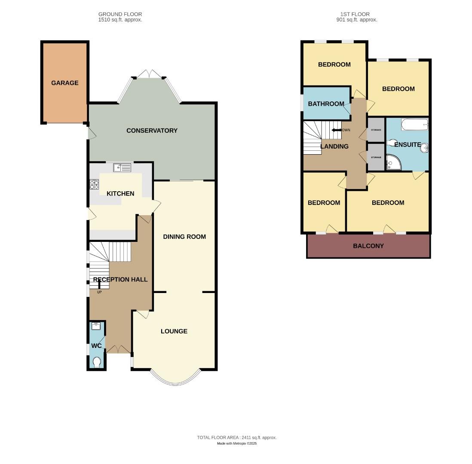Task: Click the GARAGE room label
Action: click(65, 83)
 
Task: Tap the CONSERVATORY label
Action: click(152, 131)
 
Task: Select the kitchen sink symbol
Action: click(123, 167)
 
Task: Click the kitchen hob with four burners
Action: click(94, 185)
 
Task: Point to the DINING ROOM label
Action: click(184, 237)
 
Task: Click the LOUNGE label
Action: click(174, 331)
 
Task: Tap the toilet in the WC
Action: click(97, 363)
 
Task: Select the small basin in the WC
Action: click(97, 326)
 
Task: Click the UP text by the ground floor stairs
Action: click(99, 292)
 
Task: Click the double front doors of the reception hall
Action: click(118, 349)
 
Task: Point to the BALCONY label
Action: click(368, 246)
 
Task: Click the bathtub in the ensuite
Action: click(415, 124)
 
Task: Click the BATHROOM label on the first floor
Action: click(326, 104)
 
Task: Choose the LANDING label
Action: click(334, 147)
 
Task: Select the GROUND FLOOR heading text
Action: click(120, 14)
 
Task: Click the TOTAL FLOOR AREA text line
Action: click(237, 437)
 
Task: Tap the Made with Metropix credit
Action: click(237, 443)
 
